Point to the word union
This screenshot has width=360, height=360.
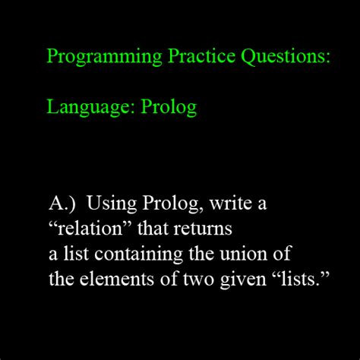[248, 253]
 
